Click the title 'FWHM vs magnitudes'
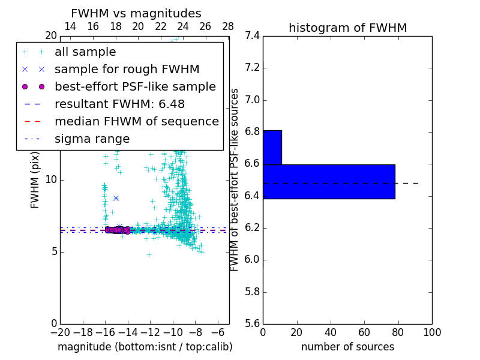136,14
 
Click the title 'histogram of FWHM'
347,28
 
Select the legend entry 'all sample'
85,52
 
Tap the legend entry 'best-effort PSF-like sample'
135,87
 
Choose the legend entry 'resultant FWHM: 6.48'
119,104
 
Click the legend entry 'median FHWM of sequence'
136,122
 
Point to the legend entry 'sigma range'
92,139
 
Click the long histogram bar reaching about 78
329,181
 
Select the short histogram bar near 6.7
272,147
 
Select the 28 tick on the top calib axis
228,26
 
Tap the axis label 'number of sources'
347,347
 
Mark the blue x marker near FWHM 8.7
116,198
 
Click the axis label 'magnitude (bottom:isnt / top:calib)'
145,347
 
